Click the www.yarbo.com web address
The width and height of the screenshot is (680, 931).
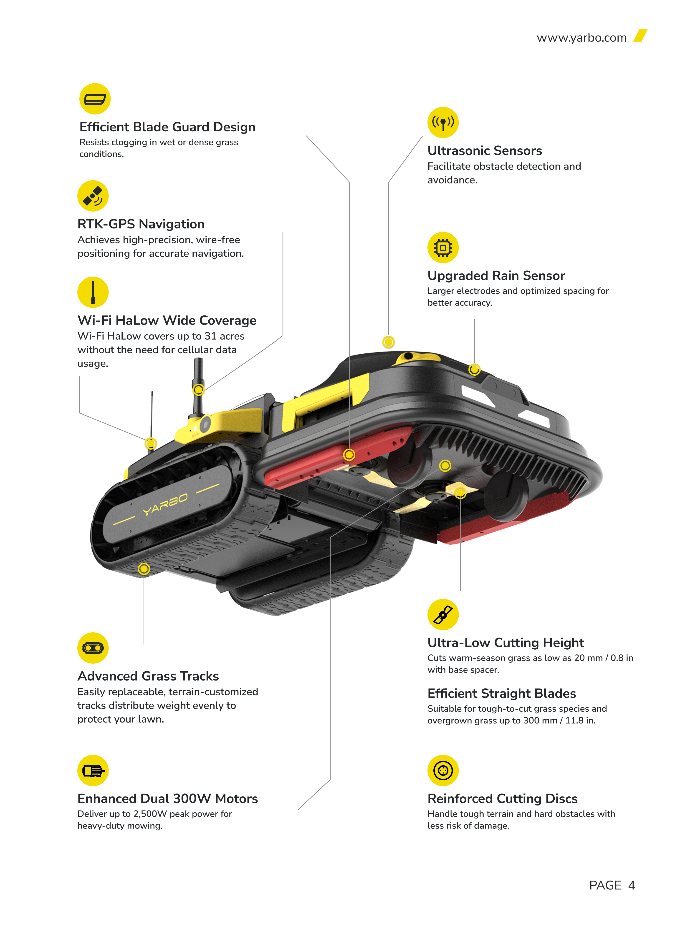pyautogui.click(x=582, y=38)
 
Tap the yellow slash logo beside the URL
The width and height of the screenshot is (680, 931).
pyautogui.click(x=640, y=35)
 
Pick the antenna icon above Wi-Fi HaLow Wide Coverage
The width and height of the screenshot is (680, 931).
pyautogui.click(x=93, y=292)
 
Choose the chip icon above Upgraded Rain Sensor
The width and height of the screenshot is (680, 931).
pyautogui.click(x=443, y=248)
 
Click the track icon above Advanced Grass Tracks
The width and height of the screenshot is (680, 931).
pyautogui.click(x=93, y=648)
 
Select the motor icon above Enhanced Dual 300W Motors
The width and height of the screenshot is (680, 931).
pyautogui.click(x=93, y=770)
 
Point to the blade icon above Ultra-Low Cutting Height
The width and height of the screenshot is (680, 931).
pyautogui.click(x=443, y=614)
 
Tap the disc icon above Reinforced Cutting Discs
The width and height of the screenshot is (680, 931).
pyautogui.click(x=443, y=770)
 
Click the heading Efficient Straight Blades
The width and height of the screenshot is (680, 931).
pyautogui.click(x=501, y=693)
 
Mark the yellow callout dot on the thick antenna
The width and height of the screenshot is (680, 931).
pyautogui.click(x=198, y=389)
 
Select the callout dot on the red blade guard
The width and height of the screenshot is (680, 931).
pyautogui.click(x=349, y=454)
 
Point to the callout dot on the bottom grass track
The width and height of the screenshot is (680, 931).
pyautogui.click(x=144, y=569)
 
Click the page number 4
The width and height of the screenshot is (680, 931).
pyautogui.click(x=632, y=885)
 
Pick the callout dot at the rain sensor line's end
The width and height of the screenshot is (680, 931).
pyautogui.click(x=474, y=370)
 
